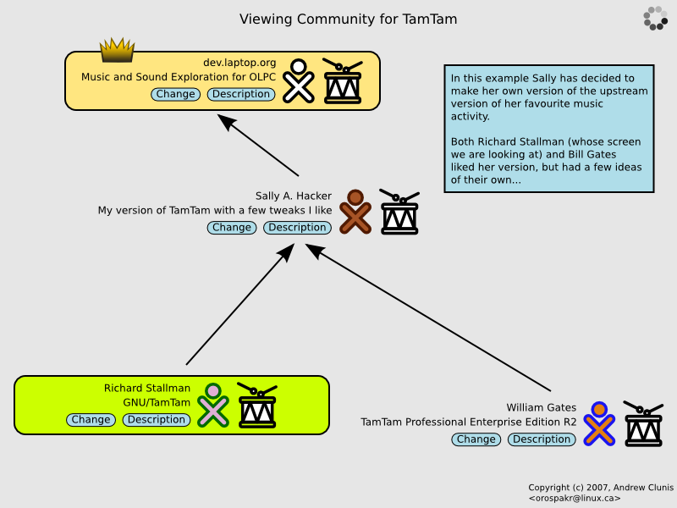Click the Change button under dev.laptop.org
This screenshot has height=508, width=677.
(176, 94)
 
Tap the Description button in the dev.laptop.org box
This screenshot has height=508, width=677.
(241, 94)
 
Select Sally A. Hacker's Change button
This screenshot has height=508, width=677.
(232, 227)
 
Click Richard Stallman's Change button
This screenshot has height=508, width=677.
(91, 419)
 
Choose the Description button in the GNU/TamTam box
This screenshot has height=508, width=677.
(157, 419)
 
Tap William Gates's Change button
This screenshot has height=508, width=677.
(476, 439)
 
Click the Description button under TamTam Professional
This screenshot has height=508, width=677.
(542, 439)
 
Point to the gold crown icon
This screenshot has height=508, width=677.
(118, 51)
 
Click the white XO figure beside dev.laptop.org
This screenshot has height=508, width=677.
(298, 80)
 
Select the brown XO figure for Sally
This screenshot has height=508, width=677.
(355, 212)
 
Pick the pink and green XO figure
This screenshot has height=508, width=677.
(213, 406)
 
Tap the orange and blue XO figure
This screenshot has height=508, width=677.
(599, 424)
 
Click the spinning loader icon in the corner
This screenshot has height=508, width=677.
(656, 18)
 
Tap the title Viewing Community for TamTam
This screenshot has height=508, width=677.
(348, 19)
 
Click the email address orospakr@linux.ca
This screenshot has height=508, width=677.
(569, 498)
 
